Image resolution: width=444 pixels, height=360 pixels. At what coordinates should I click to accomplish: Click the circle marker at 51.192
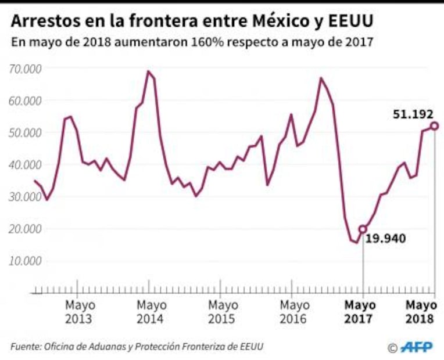[434, 126]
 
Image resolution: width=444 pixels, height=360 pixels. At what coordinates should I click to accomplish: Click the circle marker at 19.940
[363, 229]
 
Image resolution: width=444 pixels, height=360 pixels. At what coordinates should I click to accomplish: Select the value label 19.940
[386, 238]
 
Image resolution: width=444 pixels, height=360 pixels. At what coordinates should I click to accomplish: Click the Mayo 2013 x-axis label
[80, 312]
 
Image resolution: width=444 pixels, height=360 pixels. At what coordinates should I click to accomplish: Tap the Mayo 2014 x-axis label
[151, 312]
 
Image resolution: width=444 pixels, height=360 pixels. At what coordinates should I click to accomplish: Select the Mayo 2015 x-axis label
[223, 312]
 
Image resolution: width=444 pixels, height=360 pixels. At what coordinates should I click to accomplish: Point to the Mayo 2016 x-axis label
[294, 312]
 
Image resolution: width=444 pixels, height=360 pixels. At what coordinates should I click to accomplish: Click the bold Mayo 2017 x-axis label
[360, 312]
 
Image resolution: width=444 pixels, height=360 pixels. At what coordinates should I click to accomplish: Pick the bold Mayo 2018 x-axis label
[421, 312]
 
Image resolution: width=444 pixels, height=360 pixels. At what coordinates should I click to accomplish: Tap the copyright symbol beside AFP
[392, 347]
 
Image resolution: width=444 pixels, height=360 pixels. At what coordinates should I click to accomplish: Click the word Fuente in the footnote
[24, 346]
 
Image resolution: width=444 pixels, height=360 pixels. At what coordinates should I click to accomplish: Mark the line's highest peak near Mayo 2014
[148, 71]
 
